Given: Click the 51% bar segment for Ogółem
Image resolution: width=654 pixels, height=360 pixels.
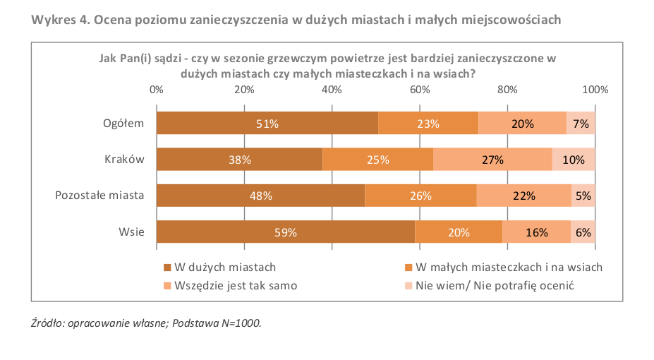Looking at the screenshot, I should tap(267, 124).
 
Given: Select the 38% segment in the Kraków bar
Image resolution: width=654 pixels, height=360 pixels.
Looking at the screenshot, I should tap(240, 160).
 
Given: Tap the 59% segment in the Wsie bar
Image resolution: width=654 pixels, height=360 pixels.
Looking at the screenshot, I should tap(286, 232).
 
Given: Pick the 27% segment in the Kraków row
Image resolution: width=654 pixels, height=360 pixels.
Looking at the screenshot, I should tap(492, 160).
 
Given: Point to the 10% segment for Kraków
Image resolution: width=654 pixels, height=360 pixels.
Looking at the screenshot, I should tap(574, 160).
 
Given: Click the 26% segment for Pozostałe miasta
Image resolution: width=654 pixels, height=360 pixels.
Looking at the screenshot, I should tap(420, 196).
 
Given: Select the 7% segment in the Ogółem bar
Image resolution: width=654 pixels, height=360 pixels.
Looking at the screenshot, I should tap(581, 124).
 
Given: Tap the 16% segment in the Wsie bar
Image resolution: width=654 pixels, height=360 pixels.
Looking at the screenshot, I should tap(537, 232).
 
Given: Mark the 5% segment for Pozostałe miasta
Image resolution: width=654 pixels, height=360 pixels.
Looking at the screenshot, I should tap(583, 196).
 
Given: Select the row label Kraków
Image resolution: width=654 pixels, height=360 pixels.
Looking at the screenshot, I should tap(124, 160).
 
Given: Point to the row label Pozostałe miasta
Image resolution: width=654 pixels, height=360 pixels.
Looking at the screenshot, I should tap(99, 196).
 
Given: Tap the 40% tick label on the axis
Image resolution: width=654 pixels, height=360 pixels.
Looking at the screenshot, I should tap(332, 90).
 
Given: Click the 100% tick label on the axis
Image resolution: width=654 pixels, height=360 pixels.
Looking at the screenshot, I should tap(595, 90).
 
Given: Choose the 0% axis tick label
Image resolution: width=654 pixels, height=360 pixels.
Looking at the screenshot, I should tap(157, 90).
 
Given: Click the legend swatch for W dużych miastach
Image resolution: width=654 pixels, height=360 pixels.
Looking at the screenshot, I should tap(167, 268).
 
